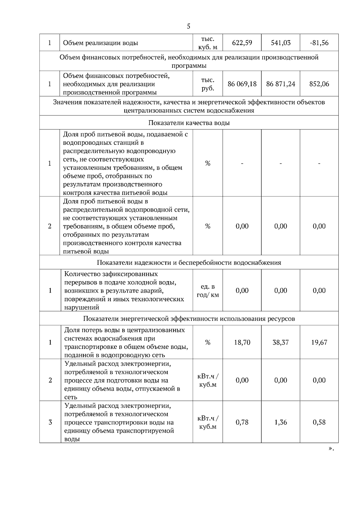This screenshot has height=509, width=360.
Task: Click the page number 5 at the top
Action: point(188,26)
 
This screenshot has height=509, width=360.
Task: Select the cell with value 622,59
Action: point(242,43)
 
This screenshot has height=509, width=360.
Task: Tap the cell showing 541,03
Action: point(280,43)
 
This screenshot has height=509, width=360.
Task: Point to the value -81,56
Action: point(319,43)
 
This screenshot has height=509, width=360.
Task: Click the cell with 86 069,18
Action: point(242,84)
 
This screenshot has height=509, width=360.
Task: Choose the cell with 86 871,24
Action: point(280,84)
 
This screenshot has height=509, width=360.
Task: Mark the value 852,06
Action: point(319,84)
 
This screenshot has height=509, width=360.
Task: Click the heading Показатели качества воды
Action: point(189,123)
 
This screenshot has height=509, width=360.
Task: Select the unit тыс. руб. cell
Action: point(208,84)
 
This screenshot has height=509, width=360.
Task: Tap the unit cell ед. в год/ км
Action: point(208,290)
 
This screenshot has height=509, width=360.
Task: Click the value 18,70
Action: point(242,342)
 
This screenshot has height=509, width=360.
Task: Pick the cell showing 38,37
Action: point(280,342)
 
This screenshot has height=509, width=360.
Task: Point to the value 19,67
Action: point(319,342)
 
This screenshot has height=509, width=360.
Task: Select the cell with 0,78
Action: point(242,422)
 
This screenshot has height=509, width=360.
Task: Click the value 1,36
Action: point(280,422)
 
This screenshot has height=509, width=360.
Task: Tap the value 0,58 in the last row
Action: point(319,422)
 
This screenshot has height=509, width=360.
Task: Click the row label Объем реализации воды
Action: point(100,43)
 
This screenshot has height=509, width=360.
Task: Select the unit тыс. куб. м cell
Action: point(208,43)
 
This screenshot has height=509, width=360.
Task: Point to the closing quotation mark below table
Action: point(331,449)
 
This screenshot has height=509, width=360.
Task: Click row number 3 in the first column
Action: point(50,422)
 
